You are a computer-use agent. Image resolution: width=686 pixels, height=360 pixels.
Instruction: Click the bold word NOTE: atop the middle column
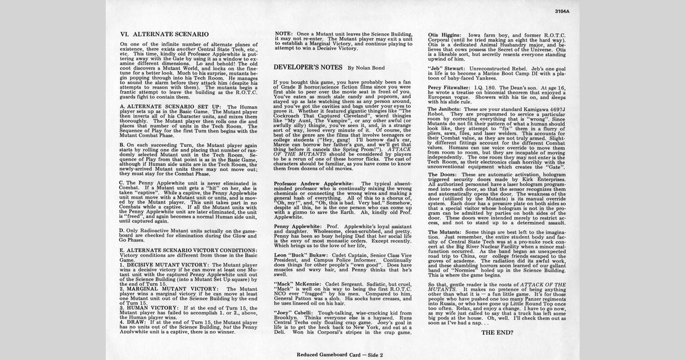[x=284, y=34]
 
